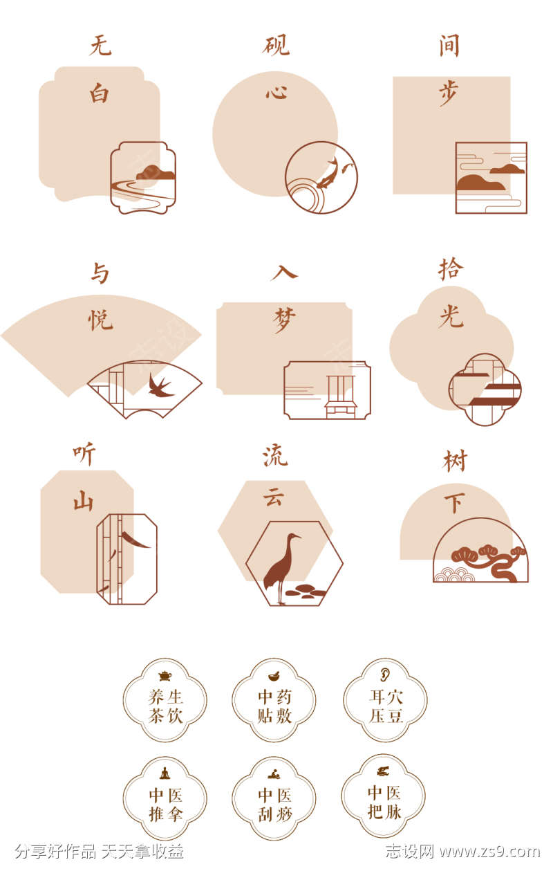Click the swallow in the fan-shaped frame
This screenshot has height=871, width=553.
160,386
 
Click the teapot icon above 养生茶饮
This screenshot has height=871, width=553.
165,676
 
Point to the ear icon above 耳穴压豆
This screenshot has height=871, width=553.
385,675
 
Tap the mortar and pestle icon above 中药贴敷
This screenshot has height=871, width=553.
274,676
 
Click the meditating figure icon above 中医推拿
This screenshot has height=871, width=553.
165,773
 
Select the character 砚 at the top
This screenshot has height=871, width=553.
276,45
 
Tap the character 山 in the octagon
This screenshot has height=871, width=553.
84,500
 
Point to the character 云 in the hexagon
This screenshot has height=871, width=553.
274,496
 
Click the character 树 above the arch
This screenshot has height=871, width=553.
455,461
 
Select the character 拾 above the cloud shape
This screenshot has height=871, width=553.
451,269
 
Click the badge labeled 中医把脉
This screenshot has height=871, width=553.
384,796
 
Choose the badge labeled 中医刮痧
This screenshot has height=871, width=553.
274,798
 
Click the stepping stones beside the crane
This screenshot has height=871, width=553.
306,591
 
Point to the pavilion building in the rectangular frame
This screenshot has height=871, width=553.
341,396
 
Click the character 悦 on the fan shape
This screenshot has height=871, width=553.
100,320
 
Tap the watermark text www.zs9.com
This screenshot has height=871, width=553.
490,852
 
